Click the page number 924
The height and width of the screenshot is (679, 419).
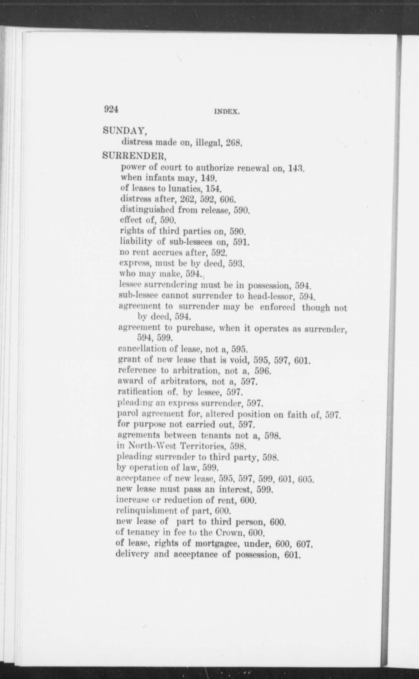111,109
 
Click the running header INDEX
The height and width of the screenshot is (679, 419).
227,111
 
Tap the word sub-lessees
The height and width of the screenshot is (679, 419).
190,242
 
